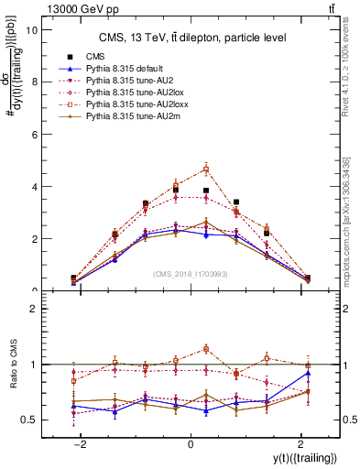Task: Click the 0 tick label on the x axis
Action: pos(191,444)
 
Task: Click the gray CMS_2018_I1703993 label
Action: pos(191,273)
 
